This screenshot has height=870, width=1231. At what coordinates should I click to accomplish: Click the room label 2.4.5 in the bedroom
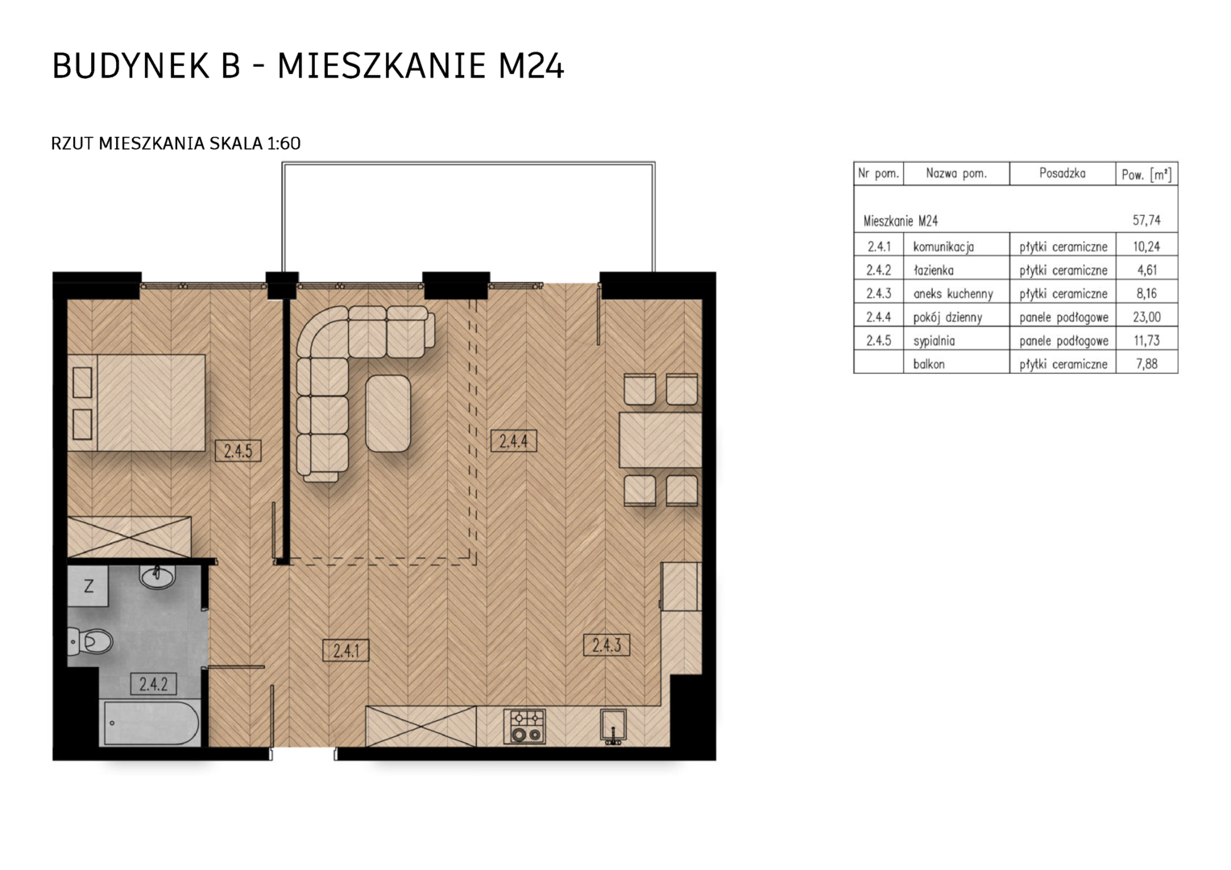pyautogui.click(x=238, y=450)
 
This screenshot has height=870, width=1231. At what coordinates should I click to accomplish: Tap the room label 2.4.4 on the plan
pyautogui.click(x=513, y=441)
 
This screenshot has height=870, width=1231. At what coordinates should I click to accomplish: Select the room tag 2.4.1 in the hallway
pyautogui.click(x=346, y=651)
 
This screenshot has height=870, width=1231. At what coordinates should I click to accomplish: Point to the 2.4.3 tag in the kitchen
pyautogui.click(x=607, y=645)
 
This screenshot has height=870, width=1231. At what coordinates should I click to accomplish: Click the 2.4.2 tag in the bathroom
pyautogui.click(x=153, y=684)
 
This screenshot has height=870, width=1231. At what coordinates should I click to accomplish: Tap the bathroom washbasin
pyautogui.click(x=157, y=577)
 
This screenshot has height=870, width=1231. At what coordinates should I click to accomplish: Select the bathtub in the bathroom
pyautogui.click(x=150, y=723)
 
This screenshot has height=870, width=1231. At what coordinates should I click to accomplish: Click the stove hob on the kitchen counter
pyautogui.click(x=524, y=727)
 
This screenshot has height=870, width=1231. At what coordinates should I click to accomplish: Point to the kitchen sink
pyautogui.click(x=613, y=727)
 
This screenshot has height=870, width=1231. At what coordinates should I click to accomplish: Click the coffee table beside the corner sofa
pyautogui.click(x=388, y=413)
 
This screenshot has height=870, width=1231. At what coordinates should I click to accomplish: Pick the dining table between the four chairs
pyautogui.click(x=661, y=440)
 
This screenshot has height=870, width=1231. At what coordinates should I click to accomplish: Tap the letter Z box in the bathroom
pyautogui.click(x=88, y=586)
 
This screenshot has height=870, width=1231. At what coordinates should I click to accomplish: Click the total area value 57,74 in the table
pyautogui.click(x=1146, y=221)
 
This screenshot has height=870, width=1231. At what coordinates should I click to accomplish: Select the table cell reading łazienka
pyautogui.click(x=934, y=271)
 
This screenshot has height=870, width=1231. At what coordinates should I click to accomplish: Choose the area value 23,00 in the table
pyautogui.click(x=1146, y=317)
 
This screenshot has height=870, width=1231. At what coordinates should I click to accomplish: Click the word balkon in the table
pyautogui.click(x=929, y=364)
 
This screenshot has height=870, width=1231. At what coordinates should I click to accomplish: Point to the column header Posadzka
pyautogui.click(x=1063, y=173)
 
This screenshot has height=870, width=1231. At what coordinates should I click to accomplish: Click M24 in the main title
pyautogui.click(x=531, y=66)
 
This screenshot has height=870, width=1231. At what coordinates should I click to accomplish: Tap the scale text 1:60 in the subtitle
pyautogui.click(x=284, y=143)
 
